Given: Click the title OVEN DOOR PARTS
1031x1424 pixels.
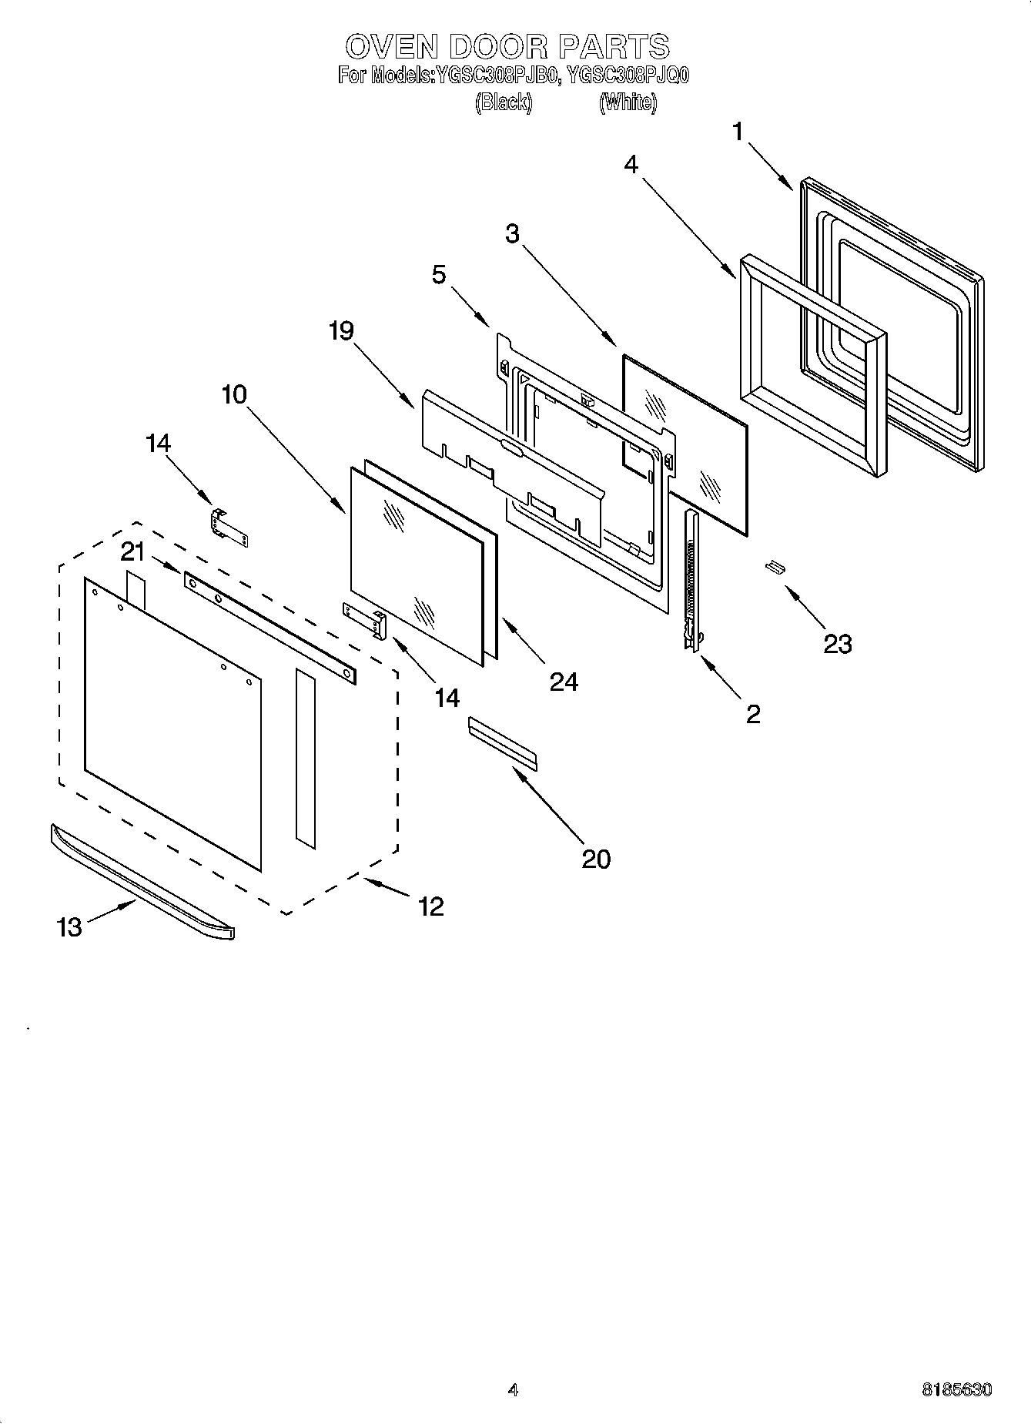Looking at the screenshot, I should click(x=507, y=47).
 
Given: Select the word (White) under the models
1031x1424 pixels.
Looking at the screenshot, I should click(x=628, y=102).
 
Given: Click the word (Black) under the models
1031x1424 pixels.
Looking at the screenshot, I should click(x=504, y=102).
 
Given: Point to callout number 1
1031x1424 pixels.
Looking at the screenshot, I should click(x=738, y=132).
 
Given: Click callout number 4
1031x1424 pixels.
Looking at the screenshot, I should click(x=631, y=164).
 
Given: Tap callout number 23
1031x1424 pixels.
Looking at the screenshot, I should click(x=837, y=644).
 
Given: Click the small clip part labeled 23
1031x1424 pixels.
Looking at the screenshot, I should click(x=774, y=568).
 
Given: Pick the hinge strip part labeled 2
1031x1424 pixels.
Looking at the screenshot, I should click(x=691, y=578).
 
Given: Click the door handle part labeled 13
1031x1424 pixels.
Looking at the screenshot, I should click(x=142, y=881).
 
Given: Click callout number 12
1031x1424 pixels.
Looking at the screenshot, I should click(x=430, y=906).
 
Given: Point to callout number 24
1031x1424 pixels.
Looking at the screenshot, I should click(x=564, y=682).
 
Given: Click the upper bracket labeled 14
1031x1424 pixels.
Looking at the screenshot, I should click(x=229, y=528).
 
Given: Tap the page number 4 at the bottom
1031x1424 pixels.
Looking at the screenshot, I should click(x=513, y=1390).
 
